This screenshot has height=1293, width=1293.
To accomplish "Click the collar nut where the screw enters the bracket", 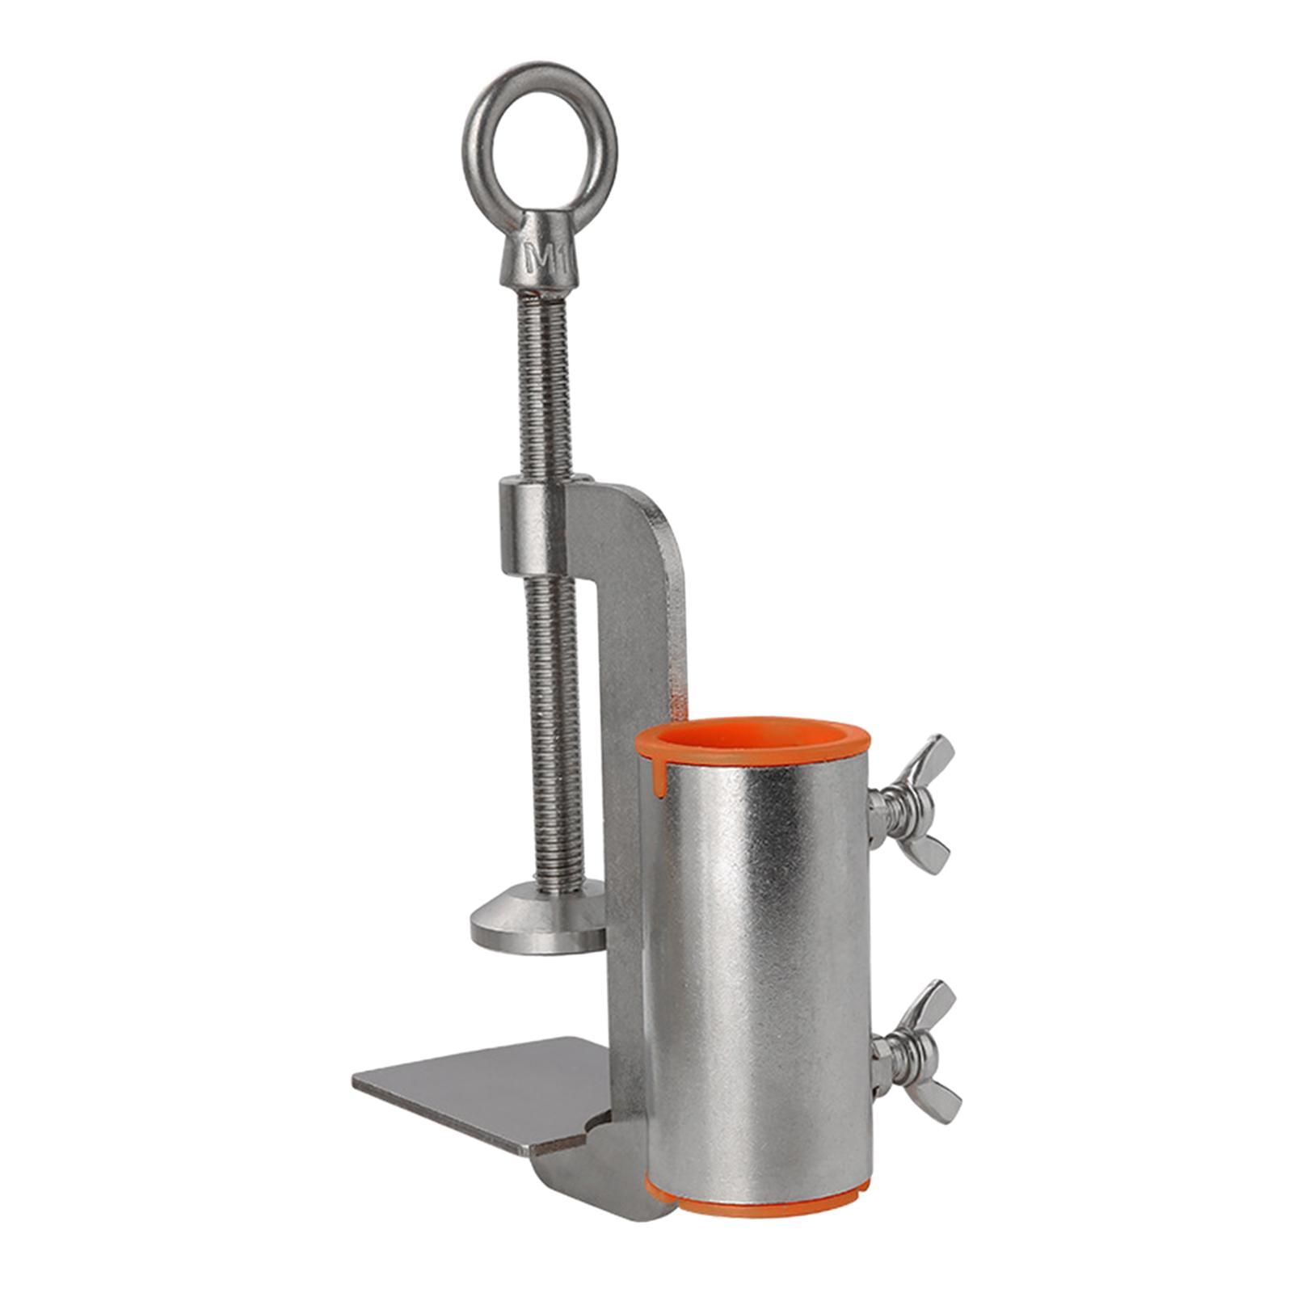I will point(530,525).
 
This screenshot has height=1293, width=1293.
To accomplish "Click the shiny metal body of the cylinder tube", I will point(760,970).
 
